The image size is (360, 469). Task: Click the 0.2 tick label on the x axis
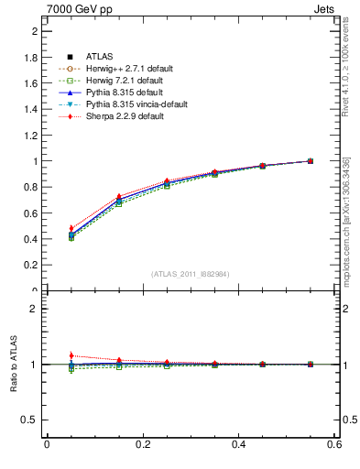pyautogui.click(x=142, y=444)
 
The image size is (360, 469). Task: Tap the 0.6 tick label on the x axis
pyautogui.click(x=335, y=444)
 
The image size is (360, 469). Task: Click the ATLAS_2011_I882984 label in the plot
pyautogui.click(x=191, y=274)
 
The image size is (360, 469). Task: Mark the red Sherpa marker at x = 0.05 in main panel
pyautogui.click(x=71, y=228)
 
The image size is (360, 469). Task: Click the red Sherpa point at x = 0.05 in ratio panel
pyautogui.click(x=71, y=355)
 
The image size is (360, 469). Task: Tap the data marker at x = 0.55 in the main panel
pyautogui.click(x=311, y=161)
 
